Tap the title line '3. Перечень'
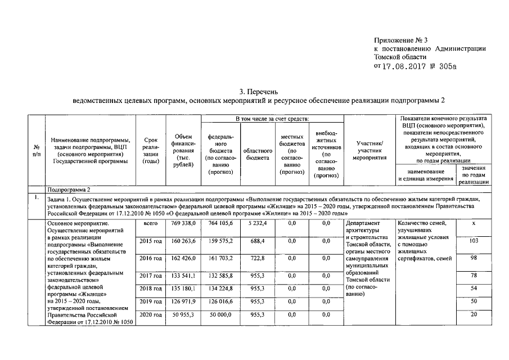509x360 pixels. (x=258, y=92)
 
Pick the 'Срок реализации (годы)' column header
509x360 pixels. (x=150, y=150)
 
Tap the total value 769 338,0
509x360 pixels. (x=183, y=223)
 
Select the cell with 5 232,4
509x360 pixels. (x=256, y=223)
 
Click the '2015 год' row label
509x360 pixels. (x=150, y=242)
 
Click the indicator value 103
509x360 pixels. (x=474, y=241)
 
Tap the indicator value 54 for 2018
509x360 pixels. (x=474, y=289)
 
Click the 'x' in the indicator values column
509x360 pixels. (x=474, y=223)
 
